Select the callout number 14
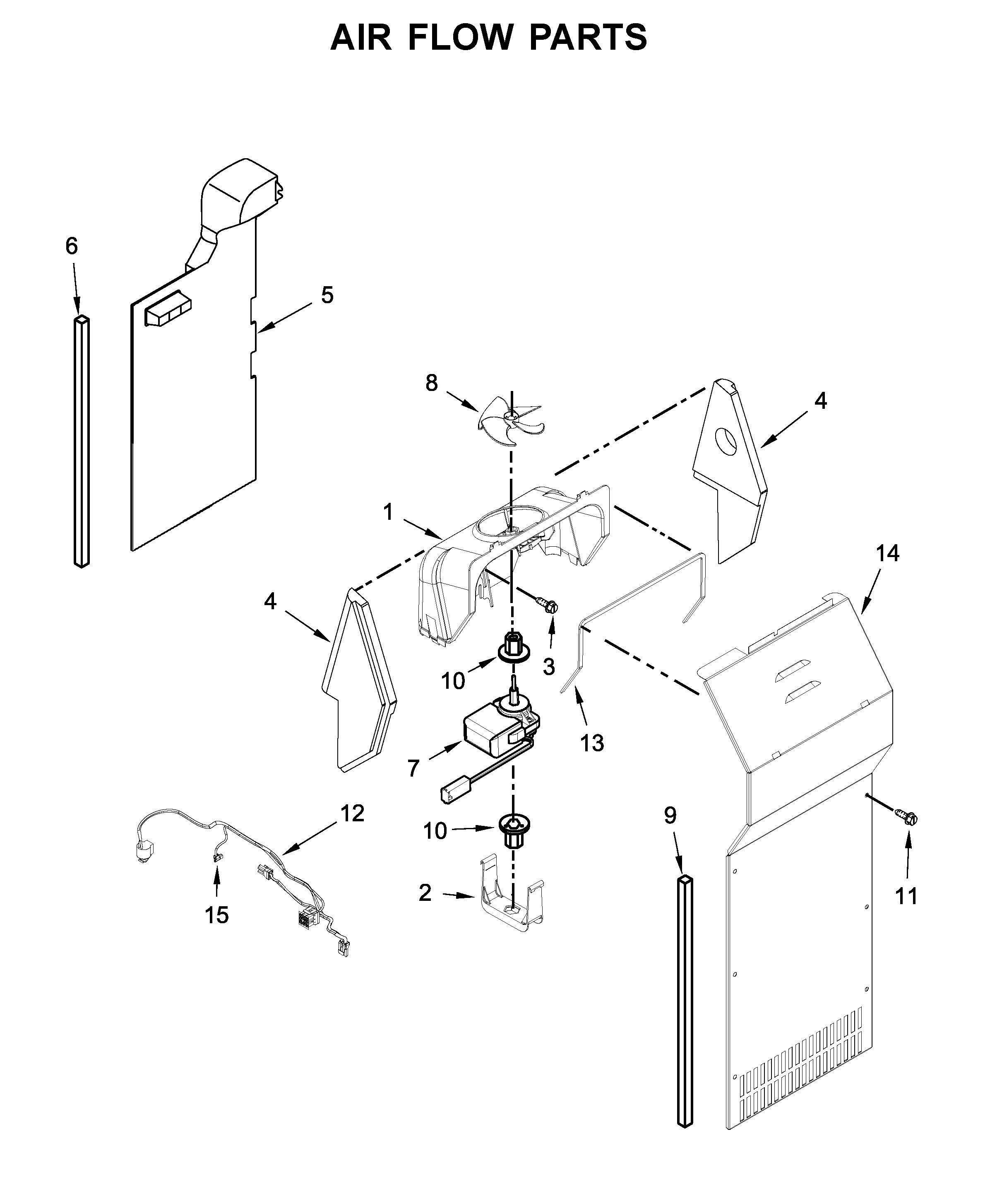pos(888,553)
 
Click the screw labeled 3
pos(549,605)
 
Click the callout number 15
pos(217,915)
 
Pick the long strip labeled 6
pos(82,441)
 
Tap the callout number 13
pos(592,743)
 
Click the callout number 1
pos(388,512)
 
